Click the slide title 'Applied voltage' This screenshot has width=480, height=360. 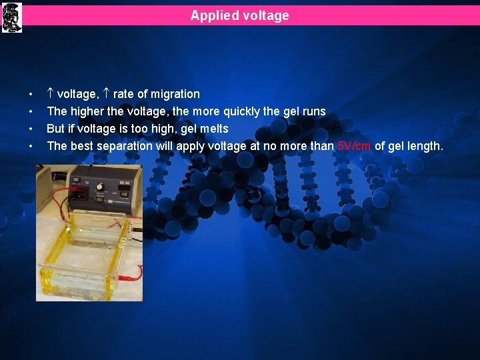coord(239,15)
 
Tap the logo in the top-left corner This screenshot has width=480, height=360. coord(12,17)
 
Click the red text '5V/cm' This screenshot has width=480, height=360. coord(354,146)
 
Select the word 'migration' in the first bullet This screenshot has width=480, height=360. coord(175,94)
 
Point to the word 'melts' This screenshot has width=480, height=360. coord(214,129)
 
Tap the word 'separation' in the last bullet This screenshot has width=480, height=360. coord(125,146)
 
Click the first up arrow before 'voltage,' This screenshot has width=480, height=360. coord(51,94)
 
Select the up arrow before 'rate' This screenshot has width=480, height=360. coord(107,94)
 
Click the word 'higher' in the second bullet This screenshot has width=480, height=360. coord(86,111)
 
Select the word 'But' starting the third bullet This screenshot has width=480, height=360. coord(56,129)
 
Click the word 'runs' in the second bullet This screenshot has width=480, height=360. coord(313,111)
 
